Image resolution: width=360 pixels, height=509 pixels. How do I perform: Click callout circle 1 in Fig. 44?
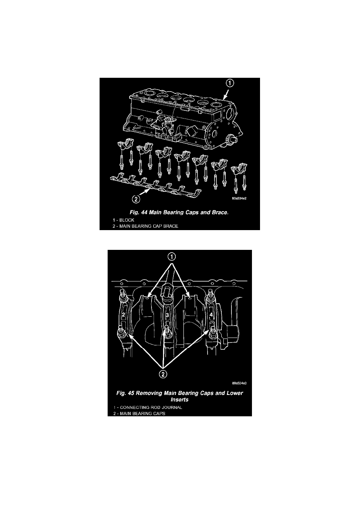coord(230,83)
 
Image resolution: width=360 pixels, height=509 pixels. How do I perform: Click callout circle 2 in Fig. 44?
coord(136,199)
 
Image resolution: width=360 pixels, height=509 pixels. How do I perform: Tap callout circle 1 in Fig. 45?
coord(172,257)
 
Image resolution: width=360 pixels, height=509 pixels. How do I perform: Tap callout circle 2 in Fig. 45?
coord(163,374)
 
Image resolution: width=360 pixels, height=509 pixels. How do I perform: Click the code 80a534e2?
coord(239,198)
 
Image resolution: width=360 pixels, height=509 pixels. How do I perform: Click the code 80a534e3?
coord(239,383)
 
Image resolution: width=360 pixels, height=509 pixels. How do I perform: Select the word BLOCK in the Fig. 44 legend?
coord(127,220)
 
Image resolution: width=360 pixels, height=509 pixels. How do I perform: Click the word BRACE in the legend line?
coord(171,226)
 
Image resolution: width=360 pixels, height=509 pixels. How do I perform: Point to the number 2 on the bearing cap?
coord(123,315)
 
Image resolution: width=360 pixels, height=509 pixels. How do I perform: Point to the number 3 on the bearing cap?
coord(167,315)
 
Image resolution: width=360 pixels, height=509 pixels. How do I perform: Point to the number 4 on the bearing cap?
coord(211,315)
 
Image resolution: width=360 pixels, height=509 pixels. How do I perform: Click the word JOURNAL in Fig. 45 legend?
coord(171,407)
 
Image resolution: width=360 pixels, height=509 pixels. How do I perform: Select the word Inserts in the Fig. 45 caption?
coord(179,399)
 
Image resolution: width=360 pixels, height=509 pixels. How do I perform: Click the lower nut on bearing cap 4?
coord(213,334)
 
